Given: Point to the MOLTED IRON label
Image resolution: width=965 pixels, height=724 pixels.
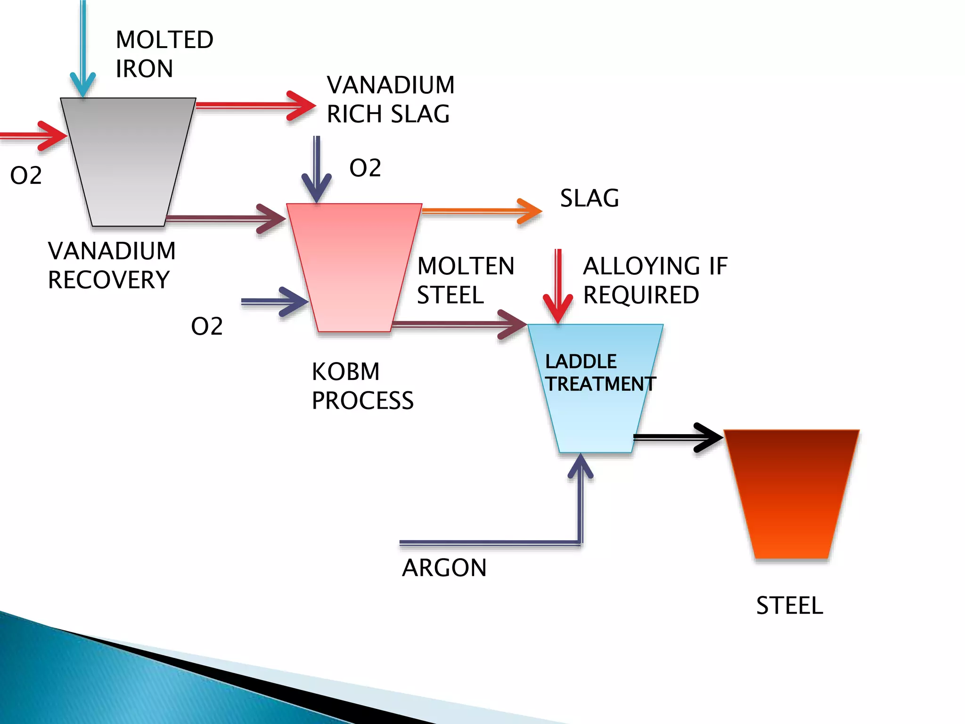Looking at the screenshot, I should (x=164, y=54).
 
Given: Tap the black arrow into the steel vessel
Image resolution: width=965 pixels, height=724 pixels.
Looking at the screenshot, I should (x=679, y=437).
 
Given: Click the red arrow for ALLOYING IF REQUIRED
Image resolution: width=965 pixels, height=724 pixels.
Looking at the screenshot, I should (x=558, y=288).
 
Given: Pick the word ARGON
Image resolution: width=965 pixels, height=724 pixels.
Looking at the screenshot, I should (x=444, y=568).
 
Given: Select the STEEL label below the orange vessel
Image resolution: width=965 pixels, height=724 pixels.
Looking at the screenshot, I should (x=789, y=605).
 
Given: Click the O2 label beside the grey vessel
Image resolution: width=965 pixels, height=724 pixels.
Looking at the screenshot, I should (x=26, y=175).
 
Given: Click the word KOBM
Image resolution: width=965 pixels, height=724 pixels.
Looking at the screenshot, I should (x=345, y=371).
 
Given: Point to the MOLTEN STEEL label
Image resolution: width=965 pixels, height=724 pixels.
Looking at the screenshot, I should (x=465, y=280).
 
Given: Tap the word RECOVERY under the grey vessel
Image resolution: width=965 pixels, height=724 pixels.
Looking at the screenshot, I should (x=108, y=280).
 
